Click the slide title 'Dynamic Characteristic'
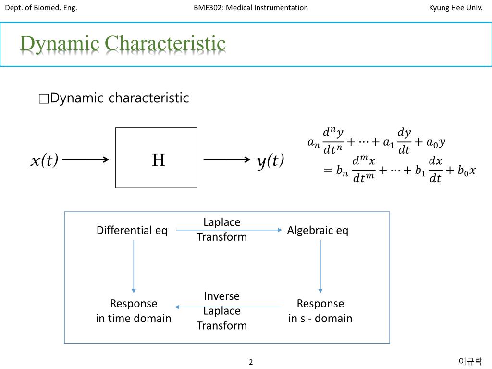tap(123, 44)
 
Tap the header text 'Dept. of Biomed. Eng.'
tap(41, 7)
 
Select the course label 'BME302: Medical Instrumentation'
tap(251, 7)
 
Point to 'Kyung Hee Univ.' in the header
tap(455, 7)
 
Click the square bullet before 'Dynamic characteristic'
tap(43, 99)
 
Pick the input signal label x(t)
tap(44, 160)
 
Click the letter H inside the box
tap(159, 160)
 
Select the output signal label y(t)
tap(271, 160)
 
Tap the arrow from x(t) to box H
tap(86, 160)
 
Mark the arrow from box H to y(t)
tap(227, 160)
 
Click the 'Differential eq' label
tap(132, 231)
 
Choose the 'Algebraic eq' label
tap(318, 231)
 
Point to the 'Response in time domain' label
tap(134, 311)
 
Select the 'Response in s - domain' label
tap(320, 311)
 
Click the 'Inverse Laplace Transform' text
tap(221, 311)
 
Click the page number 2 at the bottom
tap(251, 362)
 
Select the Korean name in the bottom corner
tap(470, 361)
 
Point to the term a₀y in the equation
tap(436, 142)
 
